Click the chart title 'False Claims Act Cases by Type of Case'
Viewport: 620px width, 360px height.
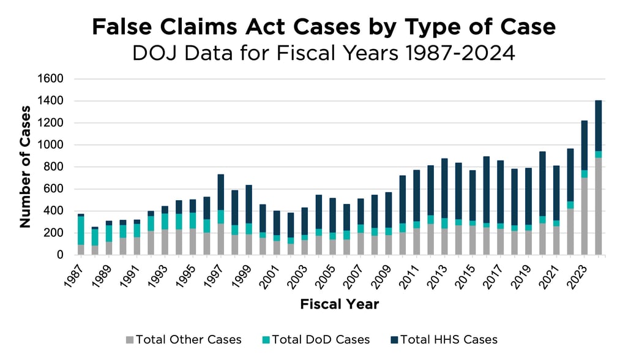point(324,27)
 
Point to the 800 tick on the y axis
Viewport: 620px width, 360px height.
point(55,167)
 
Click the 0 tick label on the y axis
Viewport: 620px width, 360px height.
point(60,255)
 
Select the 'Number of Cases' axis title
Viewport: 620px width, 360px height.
point(25,167)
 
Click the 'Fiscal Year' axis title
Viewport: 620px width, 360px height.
point(340,304)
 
